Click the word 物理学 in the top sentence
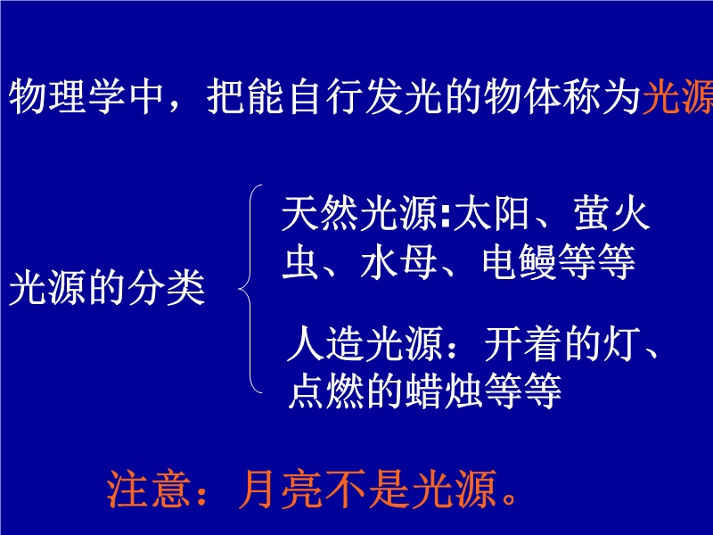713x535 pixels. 68,97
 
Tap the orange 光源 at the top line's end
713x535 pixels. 677,97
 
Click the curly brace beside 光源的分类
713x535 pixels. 250,288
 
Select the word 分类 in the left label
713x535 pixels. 166,288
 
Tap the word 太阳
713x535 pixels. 492,214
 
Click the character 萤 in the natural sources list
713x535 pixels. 592,214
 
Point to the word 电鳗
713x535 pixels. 519,262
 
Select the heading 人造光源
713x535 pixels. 365,344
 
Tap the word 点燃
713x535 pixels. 326,391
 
